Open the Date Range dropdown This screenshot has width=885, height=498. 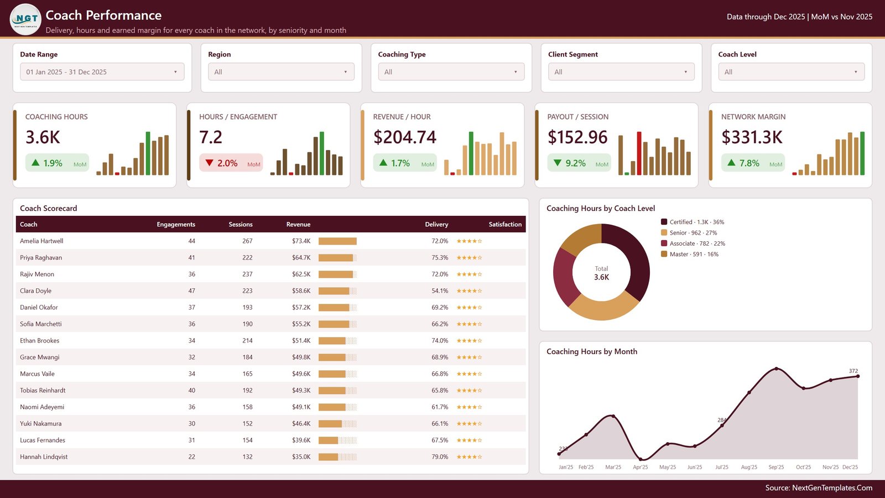[x=102, y=72]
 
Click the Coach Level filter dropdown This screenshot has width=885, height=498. [x=791, y=72]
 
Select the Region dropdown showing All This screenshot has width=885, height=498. [x=281, y=72]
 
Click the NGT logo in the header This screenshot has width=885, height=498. [x=25, y=19]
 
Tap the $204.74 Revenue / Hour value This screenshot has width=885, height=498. [x=404, y=137]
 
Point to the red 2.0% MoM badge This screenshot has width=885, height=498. [x=231, y=163]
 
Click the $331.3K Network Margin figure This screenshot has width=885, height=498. [x=752, y=137]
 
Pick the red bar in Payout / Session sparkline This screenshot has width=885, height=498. [x=639, y=153]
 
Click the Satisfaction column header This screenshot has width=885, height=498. [x=505, y=224]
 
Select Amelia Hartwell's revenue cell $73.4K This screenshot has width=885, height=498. [x=301, y=241]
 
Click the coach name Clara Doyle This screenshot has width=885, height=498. [x=35, y=290]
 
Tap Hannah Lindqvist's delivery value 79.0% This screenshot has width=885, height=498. [x=440, y=456]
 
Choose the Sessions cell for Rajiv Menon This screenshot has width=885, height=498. [x=247, y=274]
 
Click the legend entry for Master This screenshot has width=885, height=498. [x=689, y=254]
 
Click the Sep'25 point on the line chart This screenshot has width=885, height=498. [x=777, y=369]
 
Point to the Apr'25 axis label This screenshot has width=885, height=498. [x=641, y=467]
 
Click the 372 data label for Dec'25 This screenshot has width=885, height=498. [x=853, y=371]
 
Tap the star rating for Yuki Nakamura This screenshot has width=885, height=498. [x=470, y=423]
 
